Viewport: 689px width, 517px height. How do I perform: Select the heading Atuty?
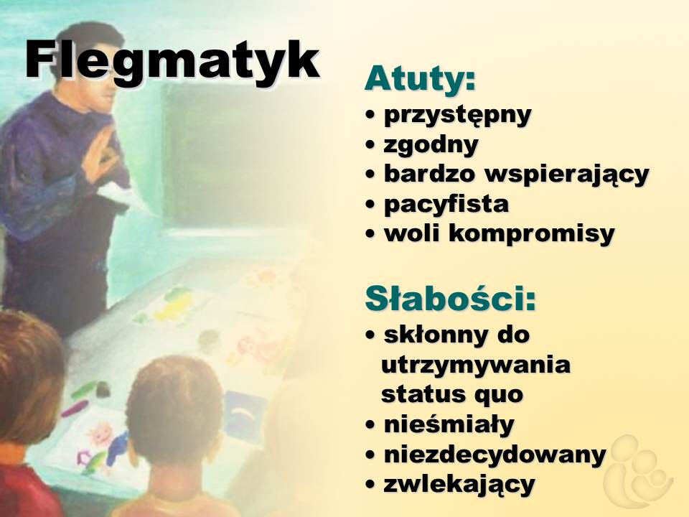(420, 78)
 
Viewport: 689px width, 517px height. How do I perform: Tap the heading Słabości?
(451, 299)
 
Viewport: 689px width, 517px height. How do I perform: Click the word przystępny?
(457, 116)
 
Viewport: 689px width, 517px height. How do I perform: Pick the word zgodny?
(431, 145)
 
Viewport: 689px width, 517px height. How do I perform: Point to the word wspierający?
(566, 174)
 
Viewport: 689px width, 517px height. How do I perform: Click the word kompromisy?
(531, 234)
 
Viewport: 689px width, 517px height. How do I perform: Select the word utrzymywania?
(475, 365)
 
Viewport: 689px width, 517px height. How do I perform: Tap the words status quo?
(452, 394)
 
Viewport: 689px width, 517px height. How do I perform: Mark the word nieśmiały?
(449, 424)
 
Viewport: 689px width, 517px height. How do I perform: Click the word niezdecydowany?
(495, 455)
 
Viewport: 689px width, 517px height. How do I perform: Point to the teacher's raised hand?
(102, 155)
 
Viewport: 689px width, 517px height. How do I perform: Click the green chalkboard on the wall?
(228, 154)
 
